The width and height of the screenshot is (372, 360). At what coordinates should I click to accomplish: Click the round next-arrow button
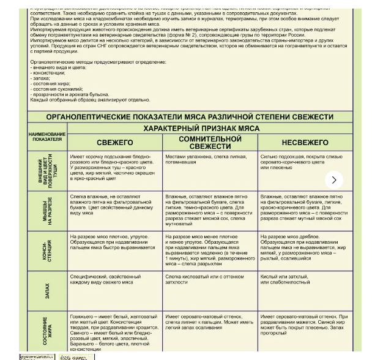[334, 179]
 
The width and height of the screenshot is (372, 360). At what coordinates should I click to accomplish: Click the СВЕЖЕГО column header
[114, 142]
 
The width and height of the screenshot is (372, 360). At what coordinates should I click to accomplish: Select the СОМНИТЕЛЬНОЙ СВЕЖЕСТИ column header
[210, 142]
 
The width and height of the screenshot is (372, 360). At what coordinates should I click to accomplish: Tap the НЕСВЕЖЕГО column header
[305, 142]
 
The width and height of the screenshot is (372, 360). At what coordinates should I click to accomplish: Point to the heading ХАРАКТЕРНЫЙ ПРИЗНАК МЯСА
[201, 129]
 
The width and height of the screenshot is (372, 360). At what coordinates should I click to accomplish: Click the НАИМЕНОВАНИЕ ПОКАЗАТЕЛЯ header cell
[46, 137]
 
